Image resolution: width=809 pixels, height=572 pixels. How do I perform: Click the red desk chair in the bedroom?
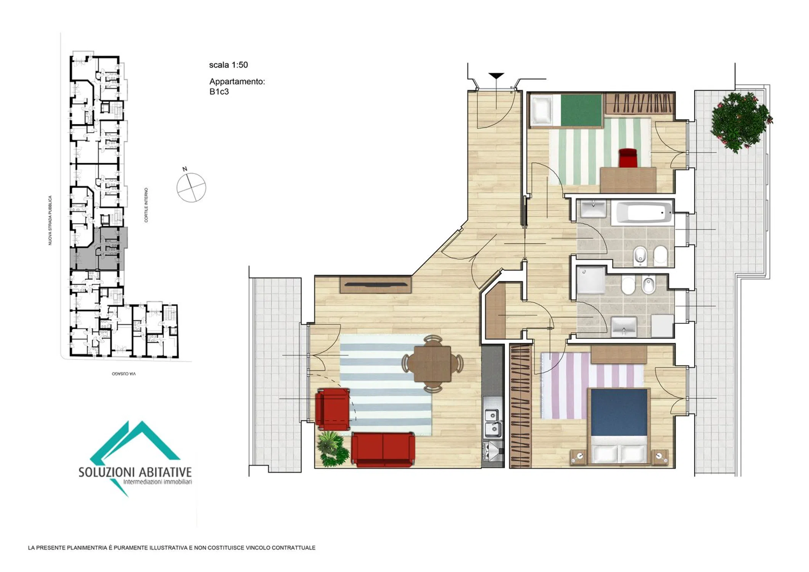[x=628, y=158]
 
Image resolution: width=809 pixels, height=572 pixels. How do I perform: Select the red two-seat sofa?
[x=383, y=450]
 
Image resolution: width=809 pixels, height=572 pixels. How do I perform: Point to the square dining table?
[x=433, y=364]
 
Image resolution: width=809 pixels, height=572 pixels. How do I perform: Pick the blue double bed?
[x=619, y=426]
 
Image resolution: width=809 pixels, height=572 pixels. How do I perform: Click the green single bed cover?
[x=581, y=110]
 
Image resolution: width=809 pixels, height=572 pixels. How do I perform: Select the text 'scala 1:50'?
[x=228, y=65]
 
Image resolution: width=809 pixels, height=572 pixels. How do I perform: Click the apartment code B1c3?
[x=219, y=92]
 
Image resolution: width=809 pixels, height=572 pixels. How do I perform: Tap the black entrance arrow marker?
[x=496, y=76]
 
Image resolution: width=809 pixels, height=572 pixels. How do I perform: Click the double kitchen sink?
[x=492, y=423]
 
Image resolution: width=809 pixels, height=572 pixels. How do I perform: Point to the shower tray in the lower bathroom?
[x=590, y=280]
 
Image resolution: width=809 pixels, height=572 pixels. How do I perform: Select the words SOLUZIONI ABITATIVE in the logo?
[x=135, y=472]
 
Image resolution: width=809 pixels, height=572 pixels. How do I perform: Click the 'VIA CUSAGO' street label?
[x=124, y=374]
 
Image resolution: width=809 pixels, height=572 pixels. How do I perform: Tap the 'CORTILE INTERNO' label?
[x=146, y=205]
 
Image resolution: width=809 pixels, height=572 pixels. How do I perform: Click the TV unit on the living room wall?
[x=376, y=284]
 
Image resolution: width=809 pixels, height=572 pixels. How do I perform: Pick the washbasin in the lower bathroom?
[x=624, y=326]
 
